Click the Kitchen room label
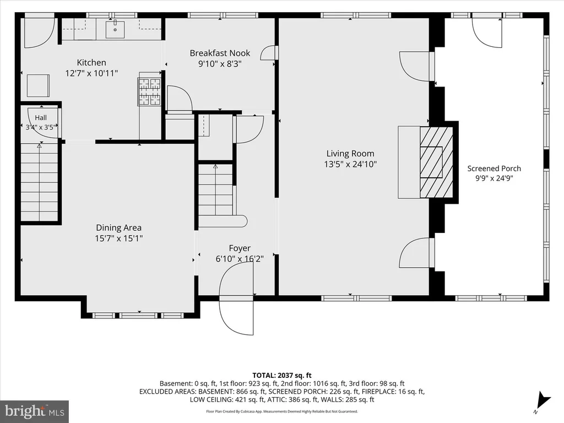click(x=91, y=63)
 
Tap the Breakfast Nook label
click(x=220, y=53)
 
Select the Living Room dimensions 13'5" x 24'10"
click(x=350, y=164)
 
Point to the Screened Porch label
click(x=494, y=169)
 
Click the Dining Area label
click(x=119, y=227)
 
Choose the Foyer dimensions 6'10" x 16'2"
click(x=240, y=259)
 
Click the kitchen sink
click(x=115, y=30)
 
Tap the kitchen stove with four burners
click(x=149, y=92)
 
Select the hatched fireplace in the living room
click(x=436, y=162)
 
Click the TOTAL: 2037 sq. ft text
click(x=281, y=376)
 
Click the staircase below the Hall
click(x=39, y=182)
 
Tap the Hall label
click(x=41, y=118)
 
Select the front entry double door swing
click(x=236, y=299)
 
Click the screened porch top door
click(x=487, y=32)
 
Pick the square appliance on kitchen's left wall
click(x=39, y=85)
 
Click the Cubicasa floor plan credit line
click(x=281, y=411)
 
